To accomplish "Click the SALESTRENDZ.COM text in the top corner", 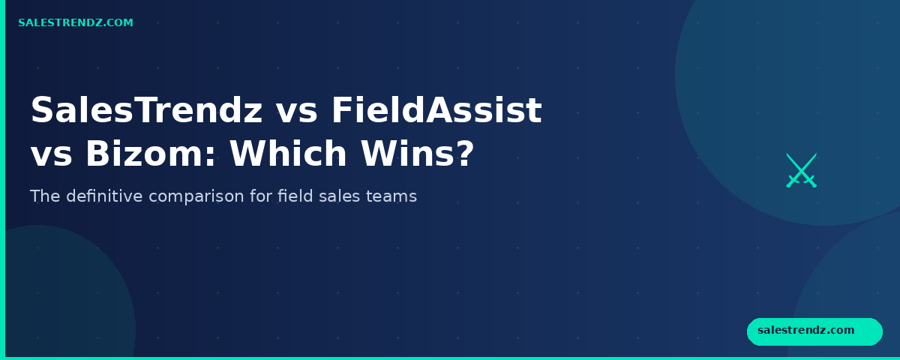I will (76, 23).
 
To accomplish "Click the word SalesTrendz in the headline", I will (146, 111).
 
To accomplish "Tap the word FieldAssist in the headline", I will (436, 111).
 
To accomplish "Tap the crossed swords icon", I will (801, 170).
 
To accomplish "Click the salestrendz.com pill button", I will (814, 331).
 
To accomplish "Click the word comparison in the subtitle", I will (210, 197).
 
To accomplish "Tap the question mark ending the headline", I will (465, 154).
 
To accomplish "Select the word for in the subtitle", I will (264, 196).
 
